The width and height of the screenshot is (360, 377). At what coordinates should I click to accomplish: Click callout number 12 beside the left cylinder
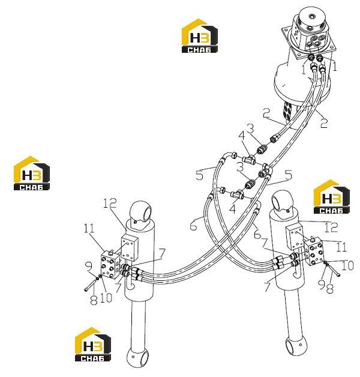pyautogui.click(x=110, y=203)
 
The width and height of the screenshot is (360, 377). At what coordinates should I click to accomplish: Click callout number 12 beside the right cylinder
pyautogui.click(x=331, y=227)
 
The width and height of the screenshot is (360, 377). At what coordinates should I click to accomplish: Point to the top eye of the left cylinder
pyautogui.click(x=141, y=212)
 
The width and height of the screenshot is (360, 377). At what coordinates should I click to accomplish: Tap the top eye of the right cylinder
pyautogui.click(x=282, y=201)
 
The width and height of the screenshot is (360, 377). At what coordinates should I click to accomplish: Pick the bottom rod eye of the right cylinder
pyautogui.click(x=295, y=345)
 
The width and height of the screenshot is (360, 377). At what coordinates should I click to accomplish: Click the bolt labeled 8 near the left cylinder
pyautogui.click(x=92, y=285)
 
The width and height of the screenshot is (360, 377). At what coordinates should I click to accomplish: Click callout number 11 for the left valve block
pyautogui.click(x=89, y=228)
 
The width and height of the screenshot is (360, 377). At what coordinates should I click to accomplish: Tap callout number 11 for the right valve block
pyautogui.click(x=342, y=247)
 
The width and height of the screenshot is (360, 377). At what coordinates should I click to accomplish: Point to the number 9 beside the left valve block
pyautogui.click(x=89, y=266)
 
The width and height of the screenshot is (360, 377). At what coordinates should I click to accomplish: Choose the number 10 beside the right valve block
pyautogui.click(x=347, y=265)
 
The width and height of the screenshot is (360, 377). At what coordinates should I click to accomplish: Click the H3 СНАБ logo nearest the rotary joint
pyautogui.click(x=200, y=36)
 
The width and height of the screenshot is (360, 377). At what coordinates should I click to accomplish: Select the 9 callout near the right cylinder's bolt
pyautogui.click(x=322, y=285)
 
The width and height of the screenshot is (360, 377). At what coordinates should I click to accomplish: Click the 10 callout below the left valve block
pyautogui.click(x=106, y=298)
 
